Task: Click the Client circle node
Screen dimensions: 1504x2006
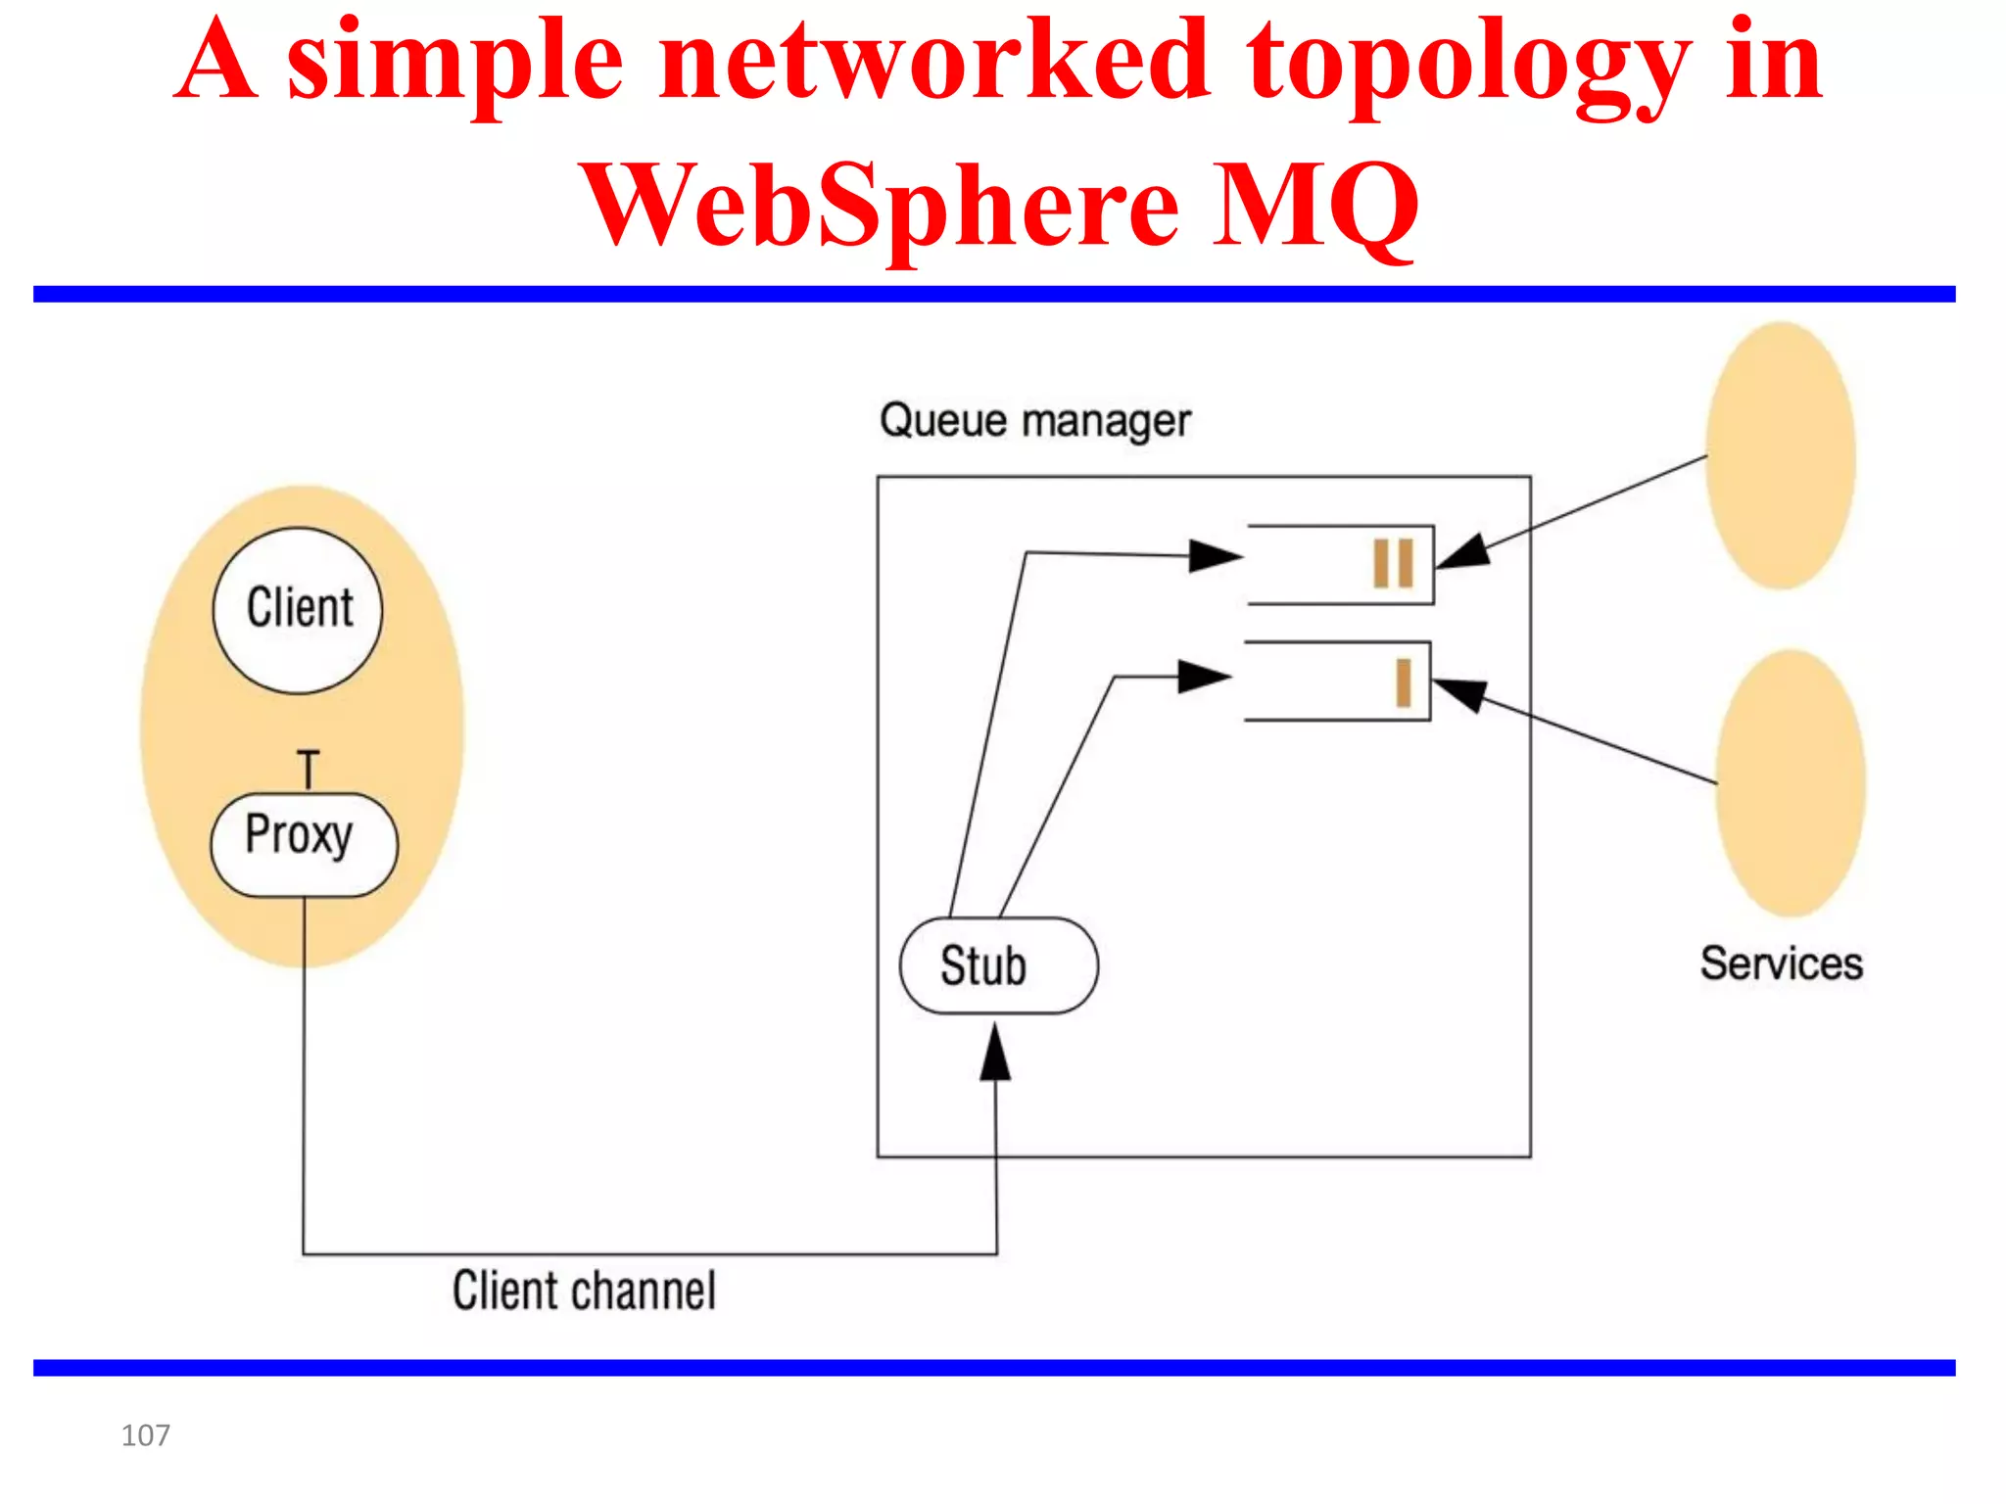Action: (x=298, y=610)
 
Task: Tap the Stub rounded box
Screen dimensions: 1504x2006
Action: (x=998, y=965)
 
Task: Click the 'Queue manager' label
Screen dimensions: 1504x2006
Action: (x=1034, y=421)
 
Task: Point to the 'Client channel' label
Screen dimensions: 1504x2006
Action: (x=584, y=1291)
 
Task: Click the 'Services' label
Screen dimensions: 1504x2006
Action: (x=1781, y=963)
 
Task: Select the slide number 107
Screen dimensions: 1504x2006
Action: (x=145, y=1435)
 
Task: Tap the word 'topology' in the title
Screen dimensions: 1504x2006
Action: (x=1468, y=64)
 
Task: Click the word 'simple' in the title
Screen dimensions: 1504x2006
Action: (x=454, y=64)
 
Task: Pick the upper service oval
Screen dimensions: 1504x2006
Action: (x=1780, y=455)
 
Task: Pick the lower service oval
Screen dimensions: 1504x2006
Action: (x=1790, y=783)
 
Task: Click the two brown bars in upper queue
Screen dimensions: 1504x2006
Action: (x=1393, y=563)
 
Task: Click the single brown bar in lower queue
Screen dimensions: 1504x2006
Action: (x=1403, y=681)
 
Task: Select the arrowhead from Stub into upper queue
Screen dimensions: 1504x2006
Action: (x=1215, y=556)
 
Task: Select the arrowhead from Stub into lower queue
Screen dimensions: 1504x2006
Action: (x=1203, y=676)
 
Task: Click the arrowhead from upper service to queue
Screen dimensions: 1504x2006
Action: (x=1463, y=552)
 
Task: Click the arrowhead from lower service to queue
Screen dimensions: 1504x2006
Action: (x=1459, y=693)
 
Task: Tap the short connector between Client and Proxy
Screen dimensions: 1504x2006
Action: (x=309, y=770)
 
